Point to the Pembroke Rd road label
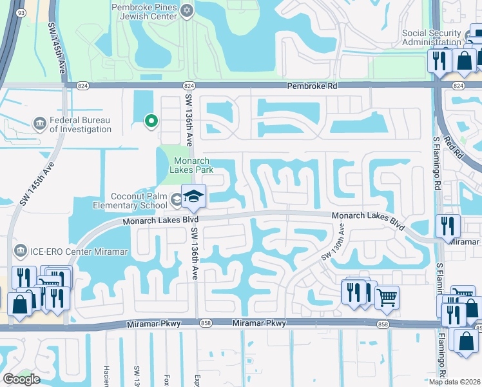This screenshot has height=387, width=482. click(x=312, y=86)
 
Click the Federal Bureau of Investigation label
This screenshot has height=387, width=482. click(x=81, y=124)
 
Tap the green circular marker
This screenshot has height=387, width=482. click(x=151, y=120)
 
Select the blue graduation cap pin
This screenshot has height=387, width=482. click(x=193, y=197)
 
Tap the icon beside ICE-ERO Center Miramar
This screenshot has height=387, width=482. click(x=19, y=250)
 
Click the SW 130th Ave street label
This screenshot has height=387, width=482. click(x=335, y=242)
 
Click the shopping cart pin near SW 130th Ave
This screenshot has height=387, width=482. click(x=387, y=297)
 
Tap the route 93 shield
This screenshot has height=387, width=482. click(x=21, y=12)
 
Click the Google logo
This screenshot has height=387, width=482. click(x=21, y=379)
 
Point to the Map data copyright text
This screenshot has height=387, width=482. click(x=454, y=382)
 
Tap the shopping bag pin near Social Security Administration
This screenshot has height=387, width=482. click(x=464, y=61)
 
